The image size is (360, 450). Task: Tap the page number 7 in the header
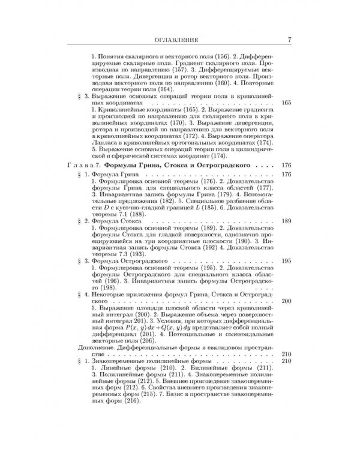289,41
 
